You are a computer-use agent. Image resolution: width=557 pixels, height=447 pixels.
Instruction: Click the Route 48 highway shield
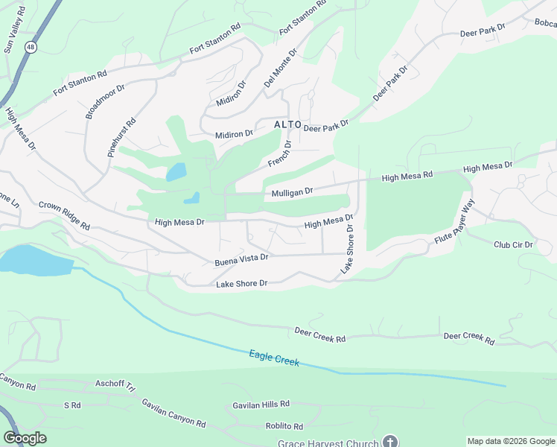[30, 47]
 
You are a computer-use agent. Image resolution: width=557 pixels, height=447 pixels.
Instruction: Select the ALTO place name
[287, 124]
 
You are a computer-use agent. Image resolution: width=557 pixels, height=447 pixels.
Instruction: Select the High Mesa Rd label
[407, 177]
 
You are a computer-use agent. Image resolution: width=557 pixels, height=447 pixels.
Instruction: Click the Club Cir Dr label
[513, 244]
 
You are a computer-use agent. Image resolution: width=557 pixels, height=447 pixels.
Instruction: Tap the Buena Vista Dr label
[241, 259]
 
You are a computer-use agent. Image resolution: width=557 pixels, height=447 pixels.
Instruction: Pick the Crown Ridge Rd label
[64, 215]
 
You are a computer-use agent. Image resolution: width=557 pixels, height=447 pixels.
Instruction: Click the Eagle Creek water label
[274, 358]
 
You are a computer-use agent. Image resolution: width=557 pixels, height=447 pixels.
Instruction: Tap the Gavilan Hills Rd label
[261, 404]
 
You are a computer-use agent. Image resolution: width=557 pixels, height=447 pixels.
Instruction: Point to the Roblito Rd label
[284, 427]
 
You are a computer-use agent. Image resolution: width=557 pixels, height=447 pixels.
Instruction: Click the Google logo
[25, 438]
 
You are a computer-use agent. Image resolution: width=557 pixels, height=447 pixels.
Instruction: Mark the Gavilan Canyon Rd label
[174, 412]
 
